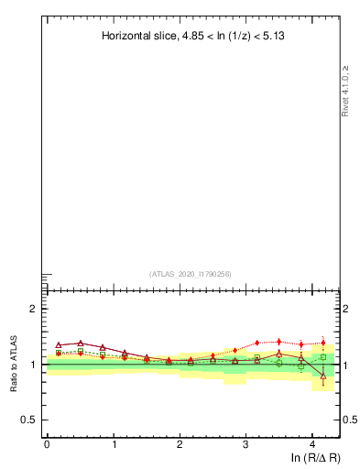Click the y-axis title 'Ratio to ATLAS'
pyautogui.click(x=16, y=364)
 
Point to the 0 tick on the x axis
pyautogui.click(x=47, y=443)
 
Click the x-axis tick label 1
pyautogui.click(x=114, y=443)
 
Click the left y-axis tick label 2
pyautogui.click(x=33, y=309)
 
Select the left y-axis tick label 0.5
pyautogui.click(x=30, y=420)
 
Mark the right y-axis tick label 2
pyautogui.click(x=347, y=309)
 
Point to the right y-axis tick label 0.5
pyautogui.click(x=350, y=420)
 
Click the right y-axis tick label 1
pyautogui.click(x=347, y=365)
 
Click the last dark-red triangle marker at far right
pyautogui.click(x=323, y=376)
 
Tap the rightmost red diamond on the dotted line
pyautogui.click(x=323, y=343)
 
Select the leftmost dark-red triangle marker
pyautogui.click(x=59, y=344)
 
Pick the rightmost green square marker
pyautogui.click(x=323, y=357)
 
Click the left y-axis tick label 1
pyautogui.click(x=33, y=365)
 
